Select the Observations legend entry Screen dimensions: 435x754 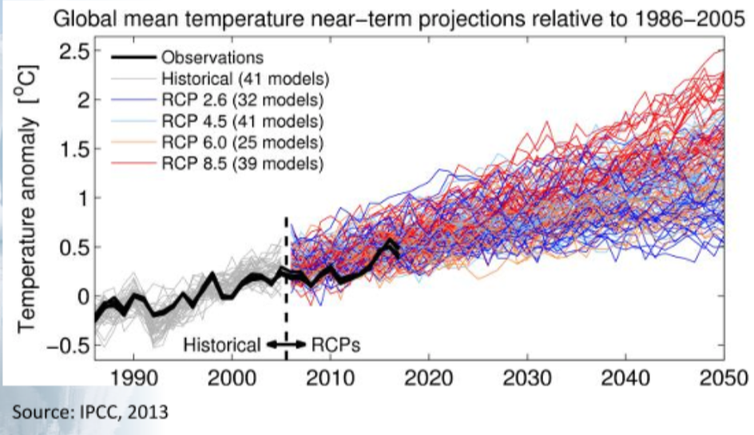[212, 58]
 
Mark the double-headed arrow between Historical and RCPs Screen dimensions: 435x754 [286, 345]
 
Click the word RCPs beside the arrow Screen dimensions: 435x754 [335, 345]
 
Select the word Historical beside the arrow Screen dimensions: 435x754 [224, 345]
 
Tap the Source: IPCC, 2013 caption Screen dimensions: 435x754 [89, 413]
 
